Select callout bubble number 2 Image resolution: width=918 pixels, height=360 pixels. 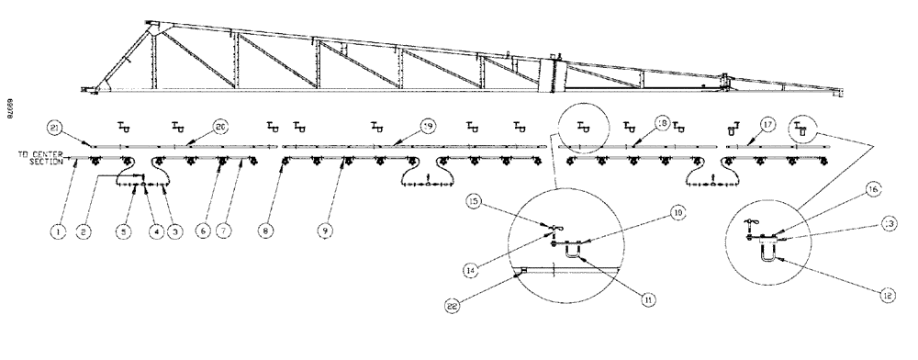(83, 232)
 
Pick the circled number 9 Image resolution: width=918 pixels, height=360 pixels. (324, 232)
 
